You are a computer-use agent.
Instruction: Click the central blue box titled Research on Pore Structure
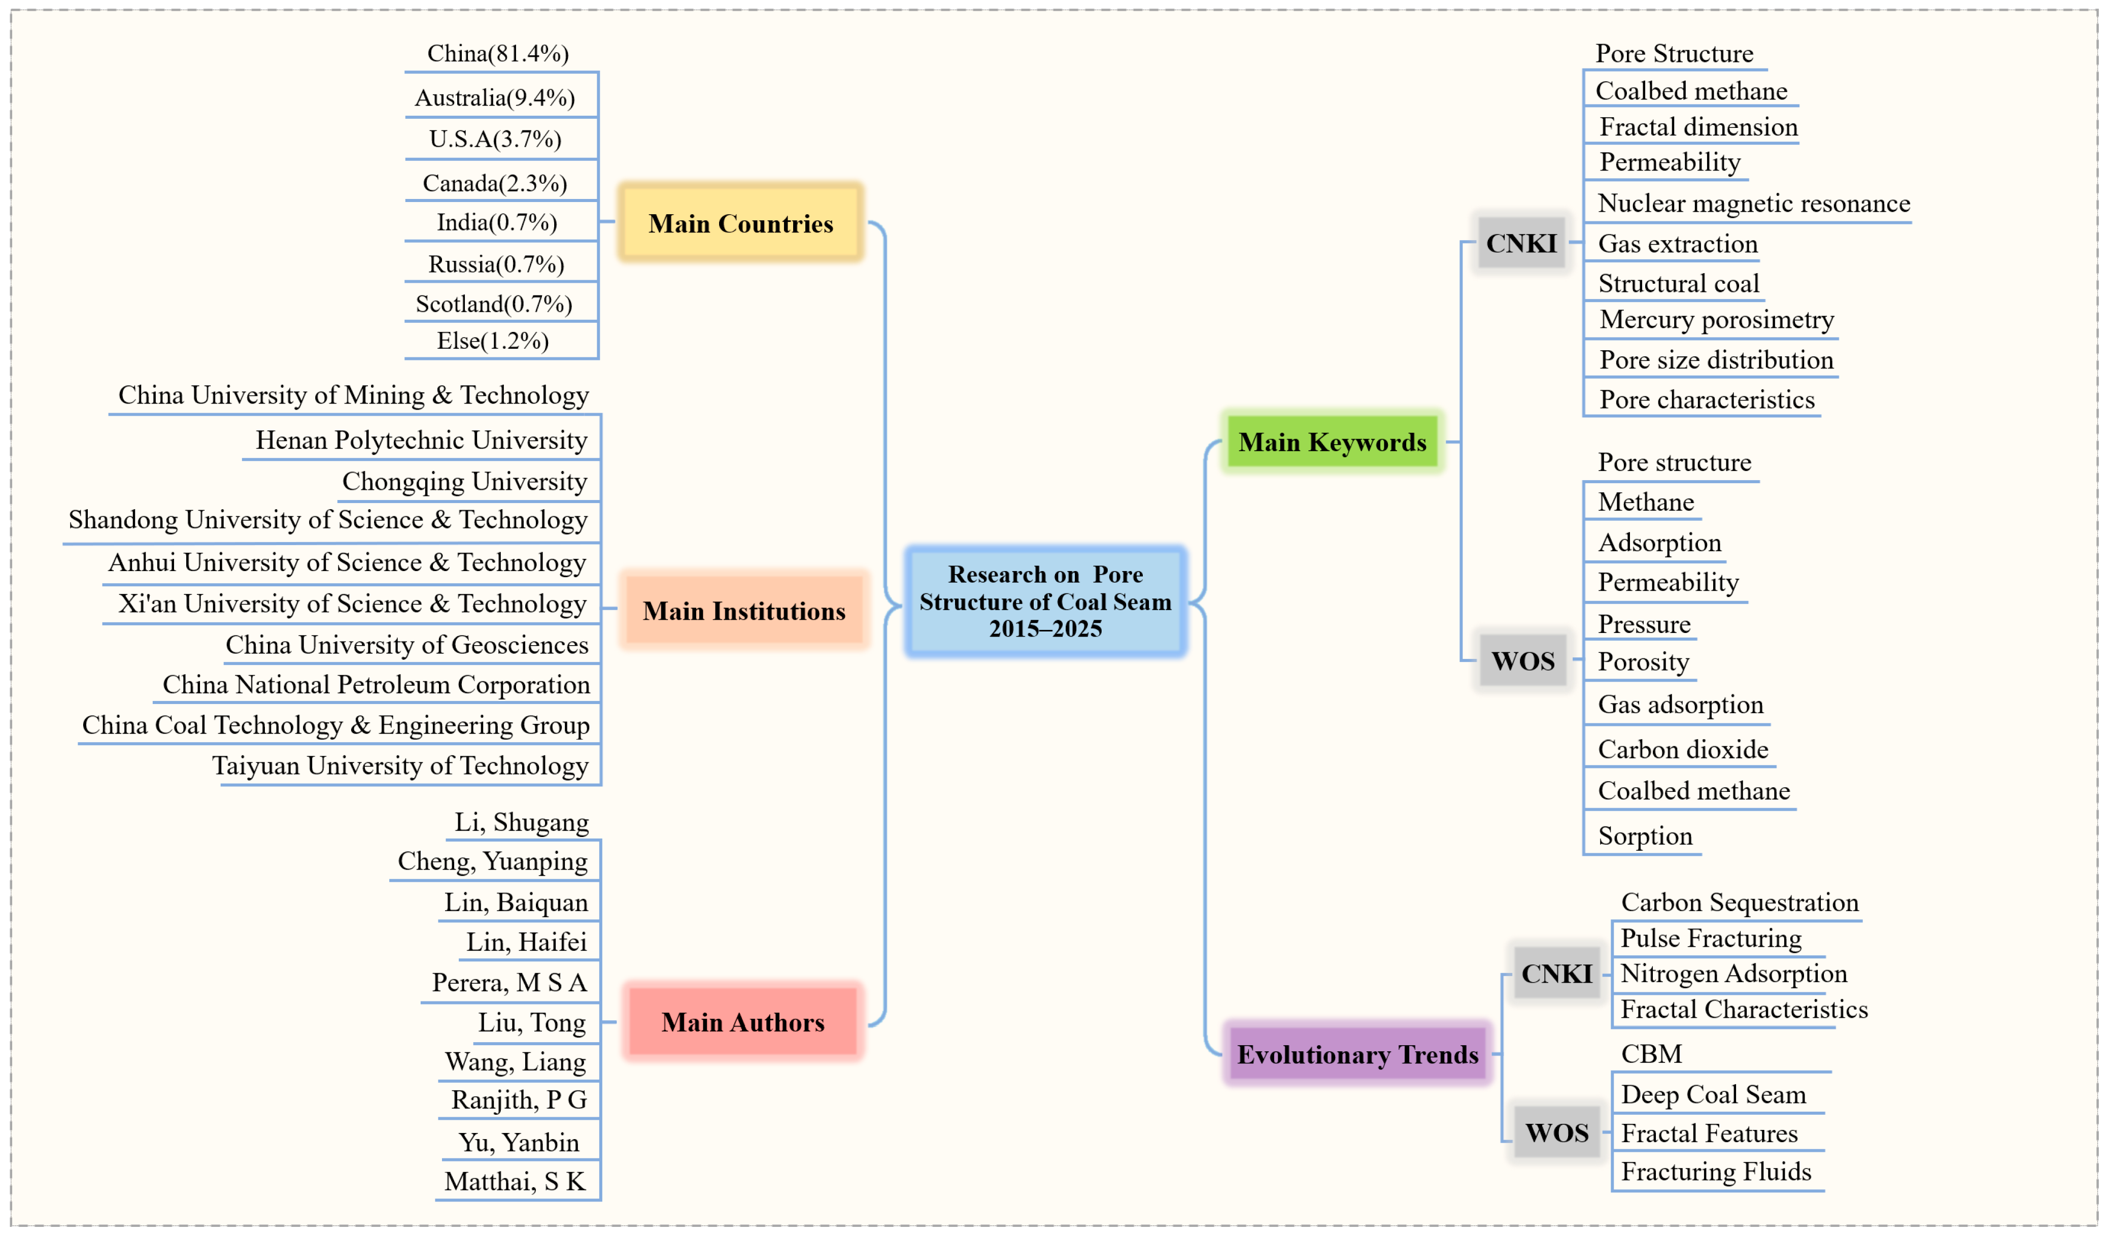pyautogui.click(x=1045, y=601)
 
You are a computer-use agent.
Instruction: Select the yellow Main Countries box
pyautogui.click(x=741, y=223)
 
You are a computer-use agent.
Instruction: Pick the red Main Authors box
pyautogui.click(x=742, y=1022)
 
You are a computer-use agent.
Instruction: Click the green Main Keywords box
pyautogui.click(x=1332, y=442)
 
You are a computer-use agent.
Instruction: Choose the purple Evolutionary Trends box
pyautogui.click(x=1357, y=1054)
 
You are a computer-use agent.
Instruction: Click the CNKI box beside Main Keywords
pyautogui.click(x=1521, y=243)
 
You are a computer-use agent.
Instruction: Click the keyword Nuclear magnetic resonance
pyautogui.click(x=1753, y=203)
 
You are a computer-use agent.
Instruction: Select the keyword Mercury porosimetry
pyautogui.click(x=1717, y=319)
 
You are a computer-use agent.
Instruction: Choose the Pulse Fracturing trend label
pyautogui.click(x=1711, y=938)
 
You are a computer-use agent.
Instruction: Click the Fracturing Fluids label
pyautogui.click(x=1716, y=1172)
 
